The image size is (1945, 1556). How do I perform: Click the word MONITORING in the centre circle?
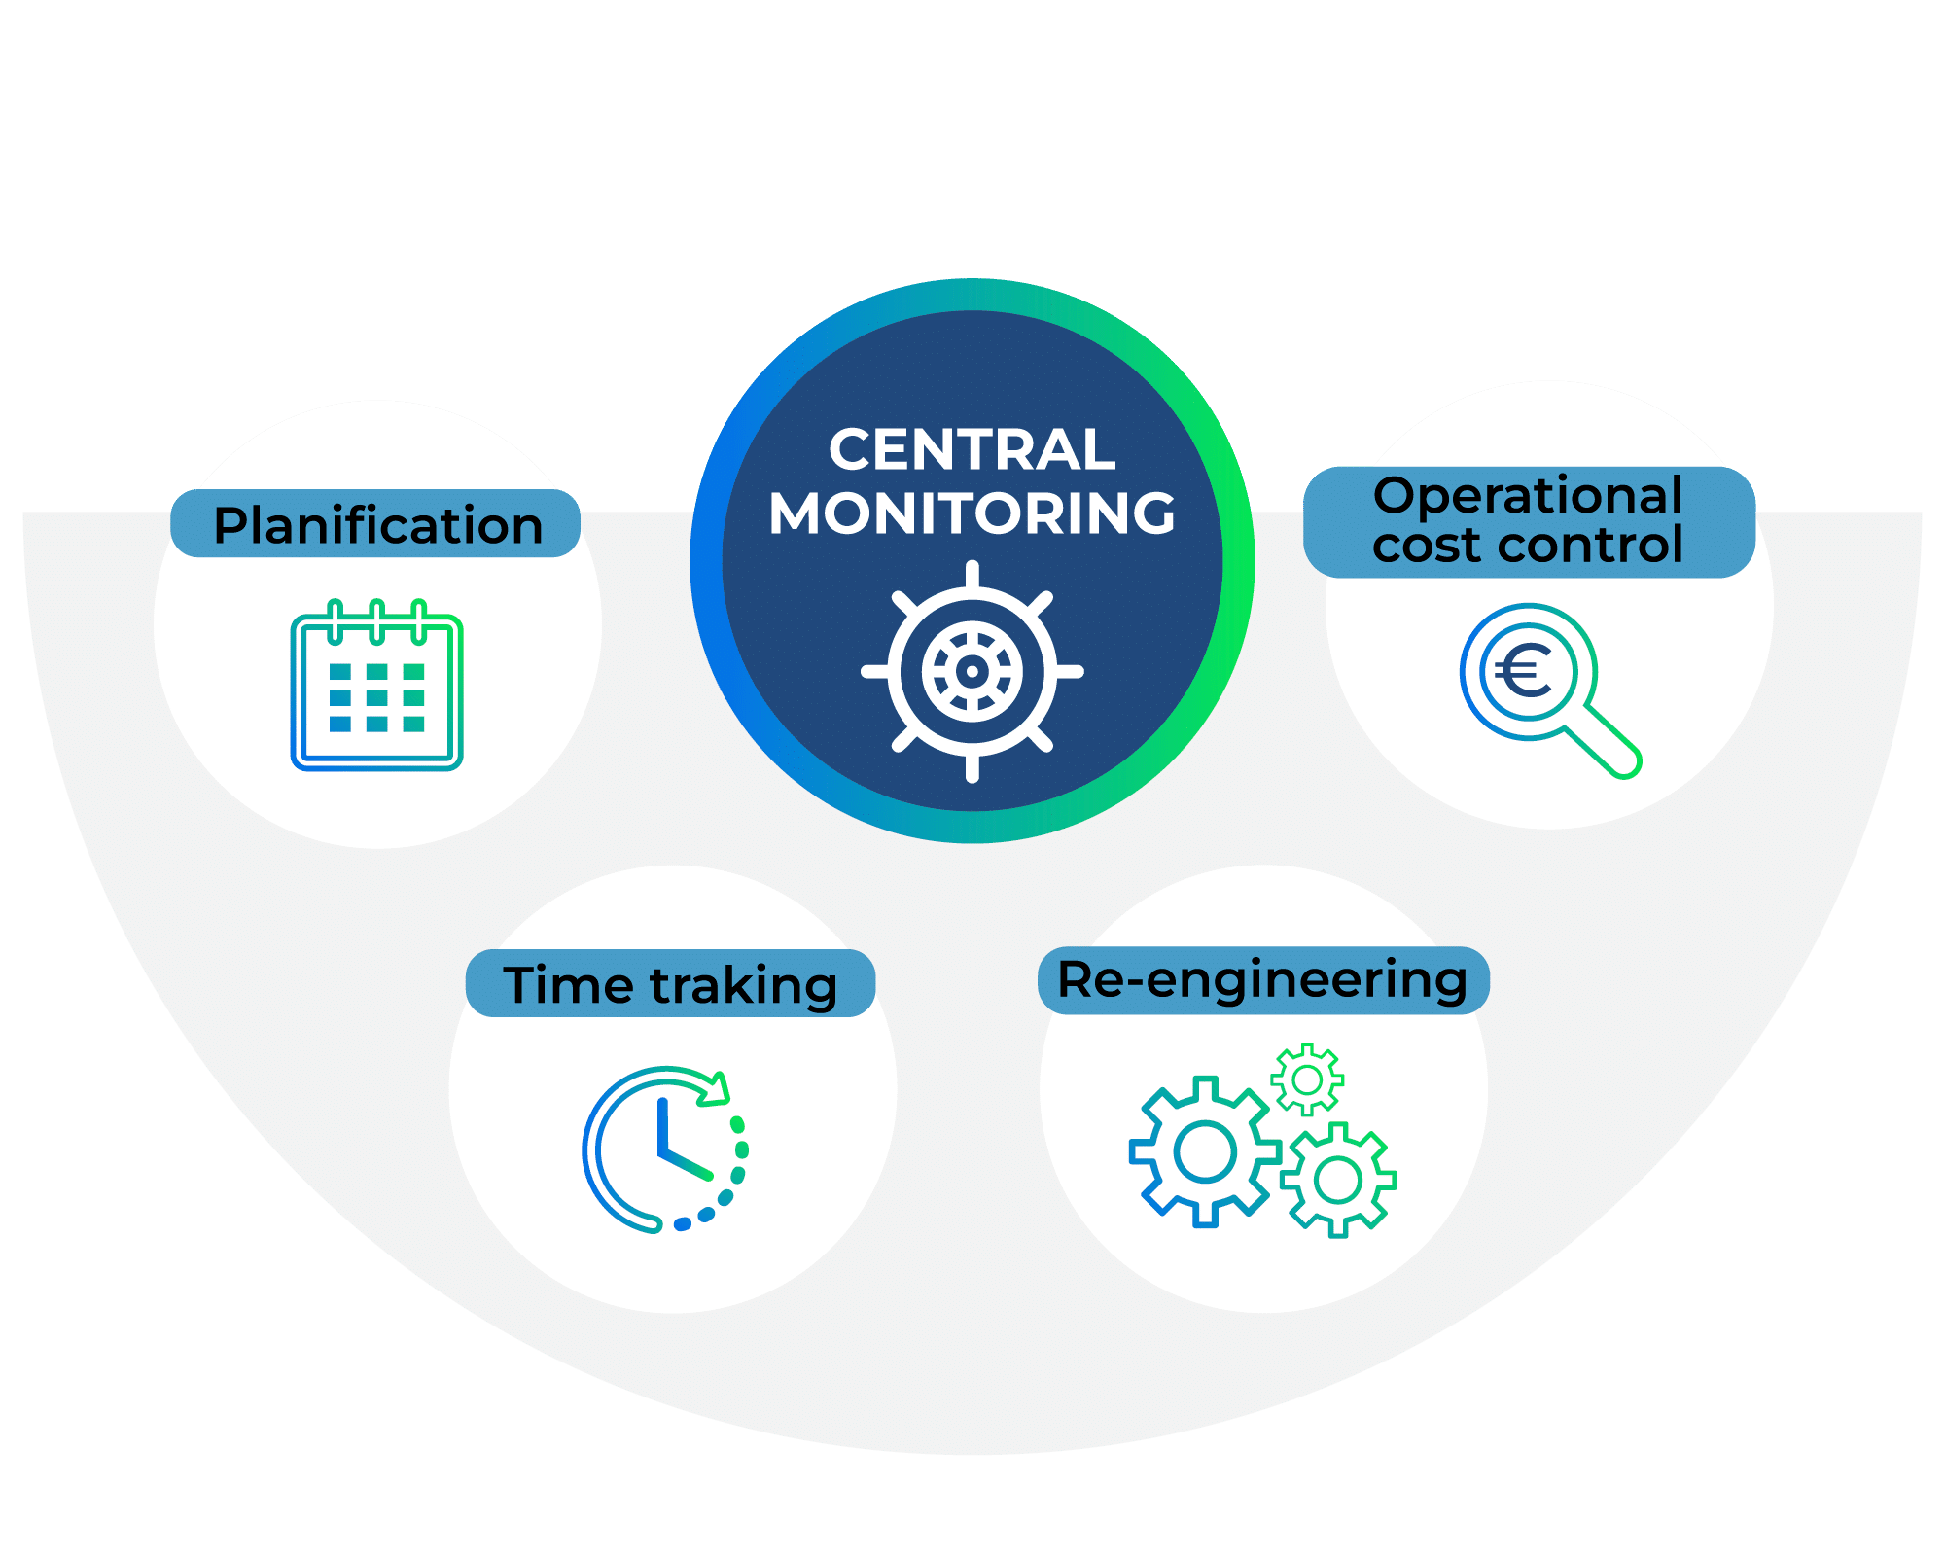click(972, 513)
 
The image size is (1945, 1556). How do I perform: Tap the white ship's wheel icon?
click(972, 671)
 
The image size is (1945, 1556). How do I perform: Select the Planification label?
click(377, 525)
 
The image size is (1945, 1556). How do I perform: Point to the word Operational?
click(1528, 496)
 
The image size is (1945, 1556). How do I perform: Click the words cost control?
click(1528, 546)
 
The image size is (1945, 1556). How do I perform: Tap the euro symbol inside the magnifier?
click(1523, 670)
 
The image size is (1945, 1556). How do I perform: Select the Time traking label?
click(670, 984)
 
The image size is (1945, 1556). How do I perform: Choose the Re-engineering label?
click(1262, 980)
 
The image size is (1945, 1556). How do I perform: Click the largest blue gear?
click(1204, 1152)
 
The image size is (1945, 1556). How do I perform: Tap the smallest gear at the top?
click(1307, 1079)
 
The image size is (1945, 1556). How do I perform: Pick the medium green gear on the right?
click(1338, 1181)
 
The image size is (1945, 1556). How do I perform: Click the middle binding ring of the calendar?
click(377, 621)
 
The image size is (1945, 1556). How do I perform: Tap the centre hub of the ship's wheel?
click(972, 671)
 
